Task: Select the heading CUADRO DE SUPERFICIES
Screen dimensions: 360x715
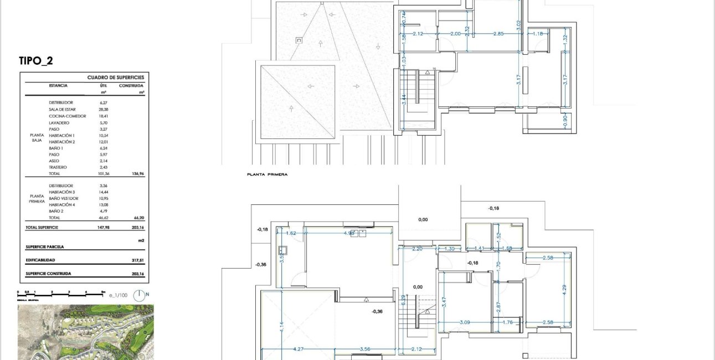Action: tap(116, 78)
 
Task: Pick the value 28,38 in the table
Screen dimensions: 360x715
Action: tap(103, 110)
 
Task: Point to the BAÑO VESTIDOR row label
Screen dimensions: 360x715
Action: tap(63, 198)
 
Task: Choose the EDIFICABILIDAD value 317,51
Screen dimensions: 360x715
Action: tap(136, 260)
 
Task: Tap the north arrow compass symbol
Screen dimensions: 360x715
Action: tap(141, 295)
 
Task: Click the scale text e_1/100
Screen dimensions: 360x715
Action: tap(119, 296)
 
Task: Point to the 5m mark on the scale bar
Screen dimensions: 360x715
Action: tap(103, 291)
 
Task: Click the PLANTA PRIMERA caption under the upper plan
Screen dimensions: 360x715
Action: tap(268, 174)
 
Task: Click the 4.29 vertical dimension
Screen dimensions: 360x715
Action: tap(564, 288)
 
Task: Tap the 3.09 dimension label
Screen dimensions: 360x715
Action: tap(465, 322)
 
